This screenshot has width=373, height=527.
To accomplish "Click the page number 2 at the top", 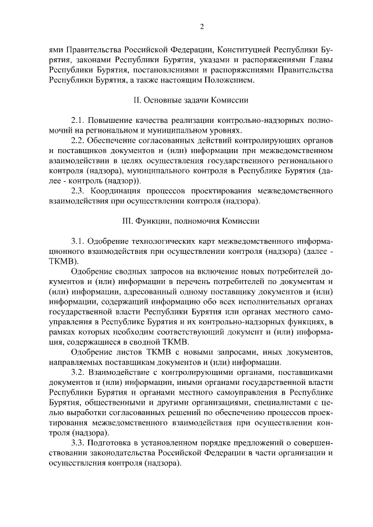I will [x=201, y=26].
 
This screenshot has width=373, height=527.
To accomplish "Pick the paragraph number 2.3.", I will [x=78, y=190].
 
